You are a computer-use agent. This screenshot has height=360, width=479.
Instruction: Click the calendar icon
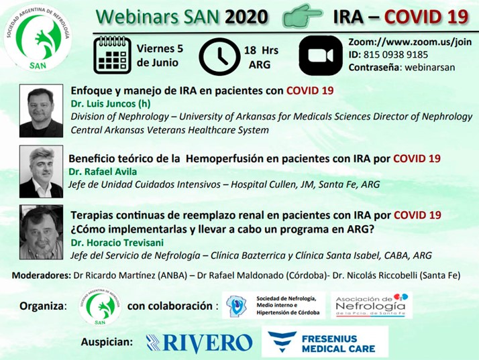click(112, 55)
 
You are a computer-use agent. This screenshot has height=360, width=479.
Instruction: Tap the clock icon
click(219, 56)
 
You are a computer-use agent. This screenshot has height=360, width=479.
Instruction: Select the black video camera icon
click(321, 55)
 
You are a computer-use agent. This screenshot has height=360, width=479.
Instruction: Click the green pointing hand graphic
click(302, 16)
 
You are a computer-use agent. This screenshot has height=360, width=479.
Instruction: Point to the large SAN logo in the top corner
click(38, 38)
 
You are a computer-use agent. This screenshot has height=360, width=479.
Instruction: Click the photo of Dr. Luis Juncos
click(41, 111)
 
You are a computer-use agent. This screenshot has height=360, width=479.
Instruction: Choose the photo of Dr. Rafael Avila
click(41, 172)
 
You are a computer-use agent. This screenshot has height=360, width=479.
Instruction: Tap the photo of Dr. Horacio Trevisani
click(41, 232)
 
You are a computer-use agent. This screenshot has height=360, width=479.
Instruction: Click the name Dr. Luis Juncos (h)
click(111, 104)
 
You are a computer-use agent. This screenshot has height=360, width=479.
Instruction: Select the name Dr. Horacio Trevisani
click(117, 243)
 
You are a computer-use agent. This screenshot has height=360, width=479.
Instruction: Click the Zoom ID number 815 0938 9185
click(396, 55)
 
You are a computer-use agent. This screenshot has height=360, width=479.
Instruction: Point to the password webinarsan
click(430, 67)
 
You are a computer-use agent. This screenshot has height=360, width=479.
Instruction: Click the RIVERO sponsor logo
click(199, 343)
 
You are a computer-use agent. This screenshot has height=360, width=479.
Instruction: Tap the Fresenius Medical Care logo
click(325, 342)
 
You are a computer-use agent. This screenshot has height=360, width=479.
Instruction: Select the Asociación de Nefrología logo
click(372, 305)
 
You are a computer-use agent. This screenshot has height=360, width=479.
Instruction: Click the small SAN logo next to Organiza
click(100, 306)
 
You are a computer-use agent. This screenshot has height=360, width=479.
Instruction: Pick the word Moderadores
click(41, 276)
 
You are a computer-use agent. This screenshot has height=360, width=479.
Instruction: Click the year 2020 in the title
click(246, 17)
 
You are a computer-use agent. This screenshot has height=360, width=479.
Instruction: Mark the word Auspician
click(107, 342)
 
